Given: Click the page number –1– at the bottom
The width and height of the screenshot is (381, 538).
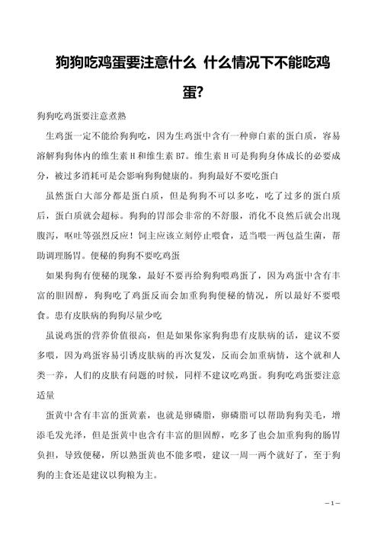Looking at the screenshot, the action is [332, 504].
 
